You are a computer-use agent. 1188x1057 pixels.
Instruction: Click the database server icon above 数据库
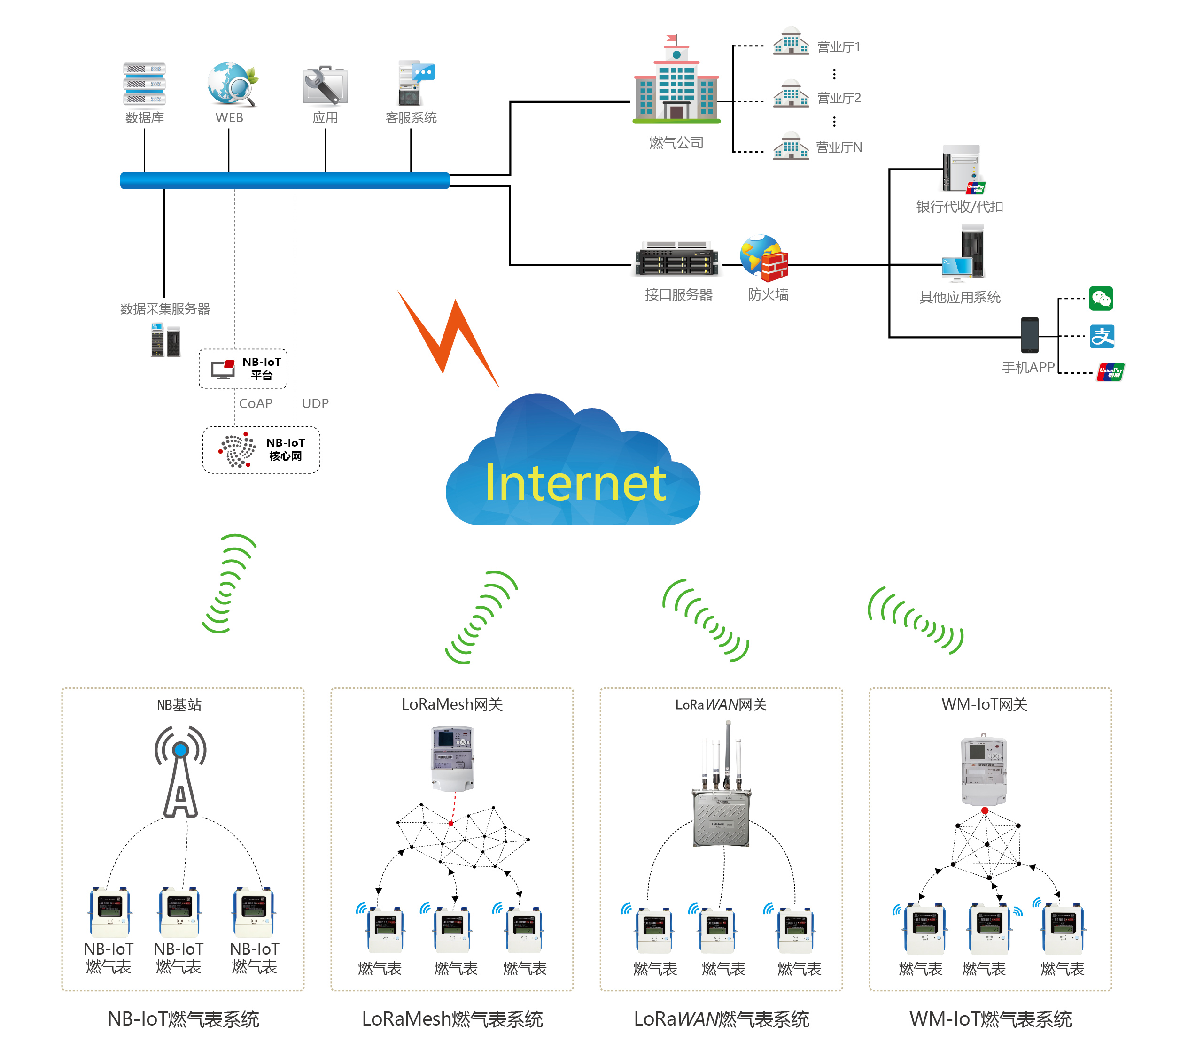click(x=144, y=84)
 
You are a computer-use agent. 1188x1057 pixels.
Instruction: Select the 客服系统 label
click(x=411, y=118)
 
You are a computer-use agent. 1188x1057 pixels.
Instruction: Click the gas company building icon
click(x=676, y=81)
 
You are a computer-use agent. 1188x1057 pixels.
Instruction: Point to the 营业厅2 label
click(x=839, y=98)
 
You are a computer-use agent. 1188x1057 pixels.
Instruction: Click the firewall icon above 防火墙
click(x=764, y=257)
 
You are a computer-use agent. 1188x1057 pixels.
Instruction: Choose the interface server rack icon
click(x=676, y=259)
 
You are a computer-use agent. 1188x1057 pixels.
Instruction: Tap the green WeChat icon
click(x=1101, y=299)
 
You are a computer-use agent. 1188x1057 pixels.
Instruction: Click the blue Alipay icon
click(x=1102, y=337)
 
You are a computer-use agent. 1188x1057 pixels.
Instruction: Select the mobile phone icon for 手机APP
click(x=1029, y=335)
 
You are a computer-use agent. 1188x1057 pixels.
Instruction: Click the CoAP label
click(x=256, y=403)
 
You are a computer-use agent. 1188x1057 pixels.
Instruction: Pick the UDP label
click(x=315, y=403)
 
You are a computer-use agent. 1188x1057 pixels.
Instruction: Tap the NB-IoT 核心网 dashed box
click(x=261, y=450)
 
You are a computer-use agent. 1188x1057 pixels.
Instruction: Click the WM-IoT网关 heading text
click(x=984, y=704)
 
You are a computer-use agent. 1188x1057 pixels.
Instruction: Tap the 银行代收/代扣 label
click(x=960, y=207)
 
